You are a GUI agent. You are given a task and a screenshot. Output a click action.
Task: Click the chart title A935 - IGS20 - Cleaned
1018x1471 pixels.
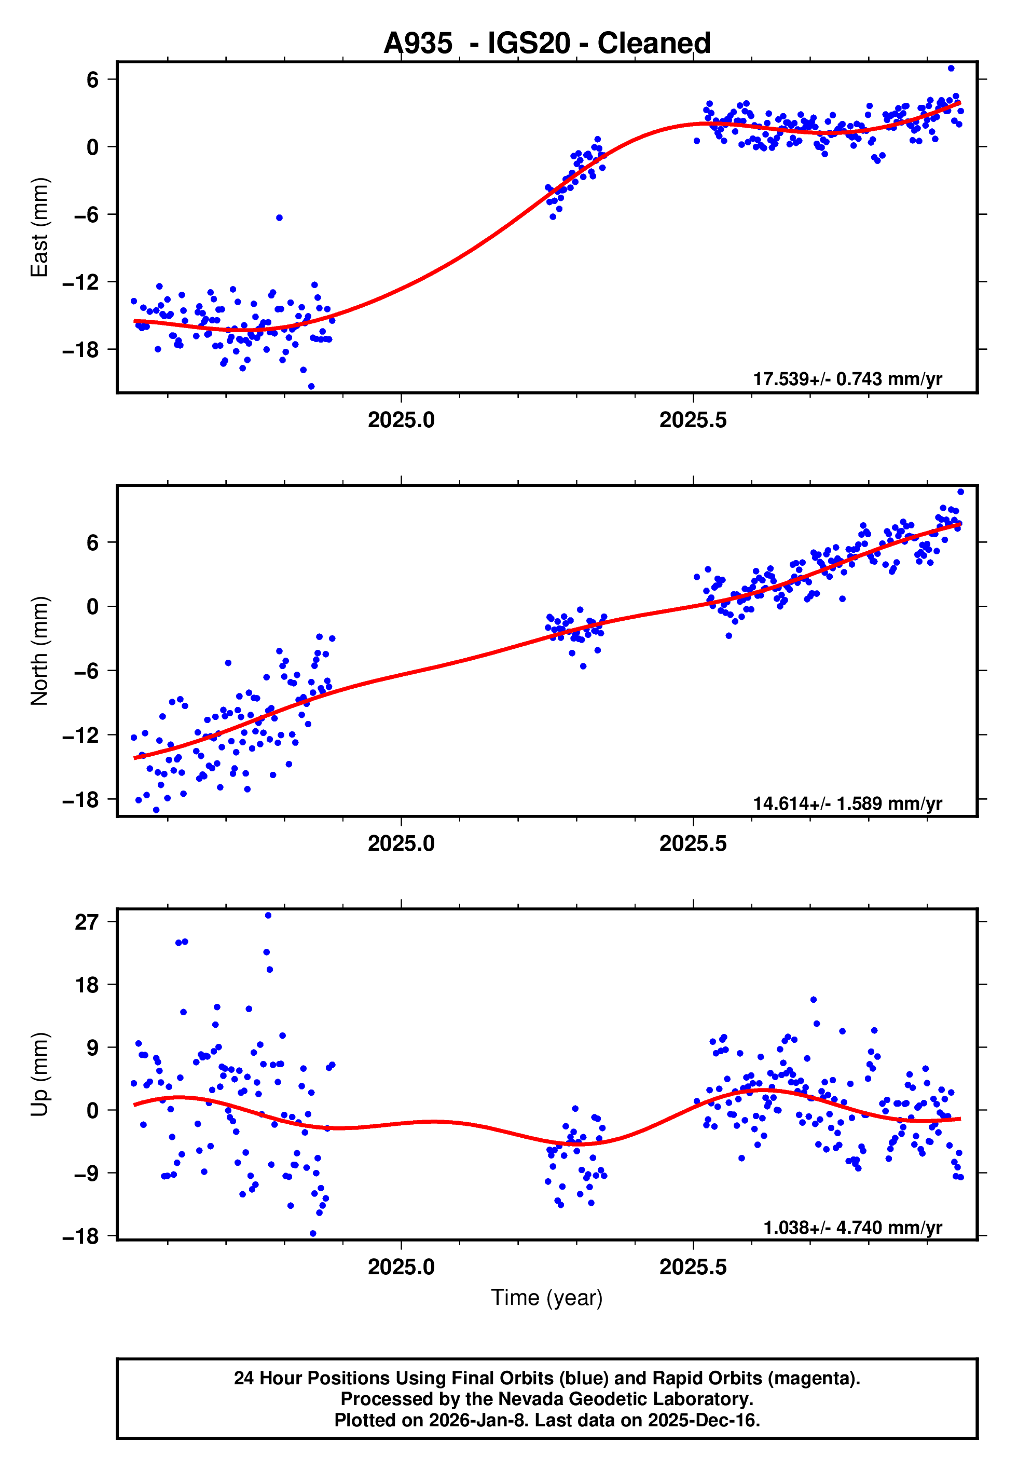[x=547, y=44]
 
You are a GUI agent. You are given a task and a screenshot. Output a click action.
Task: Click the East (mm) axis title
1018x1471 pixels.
[x=39, y=227]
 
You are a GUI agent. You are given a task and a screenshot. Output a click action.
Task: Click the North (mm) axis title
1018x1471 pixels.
[x=39, y=651]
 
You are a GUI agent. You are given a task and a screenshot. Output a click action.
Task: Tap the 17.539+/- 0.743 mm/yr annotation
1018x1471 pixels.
[x=847, y=379]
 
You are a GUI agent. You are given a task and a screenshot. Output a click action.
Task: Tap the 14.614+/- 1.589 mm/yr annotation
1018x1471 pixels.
[x=847, y=803]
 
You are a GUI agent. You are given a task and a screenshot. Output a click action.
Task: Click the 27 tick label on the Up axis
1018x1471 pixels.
[x=86, y=922]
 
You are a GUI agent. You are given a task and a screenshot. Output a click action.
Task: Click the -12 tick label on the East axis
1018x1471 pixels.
[x=80, y=282]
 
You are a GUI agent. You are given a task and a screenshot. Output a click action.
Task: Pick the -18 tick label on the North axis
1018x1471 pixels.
[x=80, y=799]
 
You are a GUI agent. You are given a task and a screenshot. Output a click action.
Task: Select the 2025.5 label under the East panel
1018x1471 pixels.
[x=693, y=420]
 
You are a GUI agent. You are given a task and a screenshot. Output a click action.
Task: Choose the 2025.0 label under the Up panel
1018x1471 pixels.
[x=401, y=1267]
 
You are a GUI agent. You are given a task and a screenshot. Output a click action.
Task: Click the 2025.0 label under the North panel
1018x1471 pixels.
[x=401, y=843]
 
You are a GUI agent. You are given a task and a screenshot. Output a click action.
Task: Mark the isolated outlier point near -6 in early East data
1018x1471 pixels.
[x=279, y=217]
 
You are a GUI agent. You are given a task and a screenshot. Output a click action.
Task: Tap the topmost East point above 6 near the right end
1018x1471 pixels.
[x=951, y=68]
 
